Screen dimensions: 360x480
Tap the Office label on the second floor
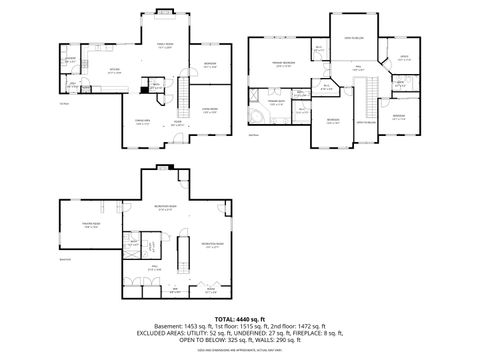point(405,58)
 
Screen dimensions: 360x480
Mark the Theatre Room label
point(91,225)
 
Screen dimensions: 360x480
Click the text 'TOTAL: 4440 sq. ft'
point(239,317)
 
